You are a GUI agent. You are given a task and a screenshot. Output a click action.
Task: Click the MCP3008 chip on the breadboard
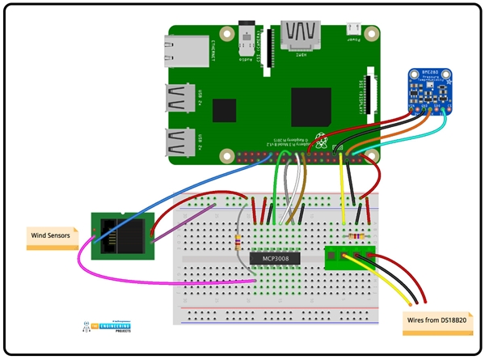click(274, 259)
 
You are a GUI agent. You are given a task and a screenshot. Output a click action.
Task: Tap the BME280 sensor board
click(429, 91)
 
